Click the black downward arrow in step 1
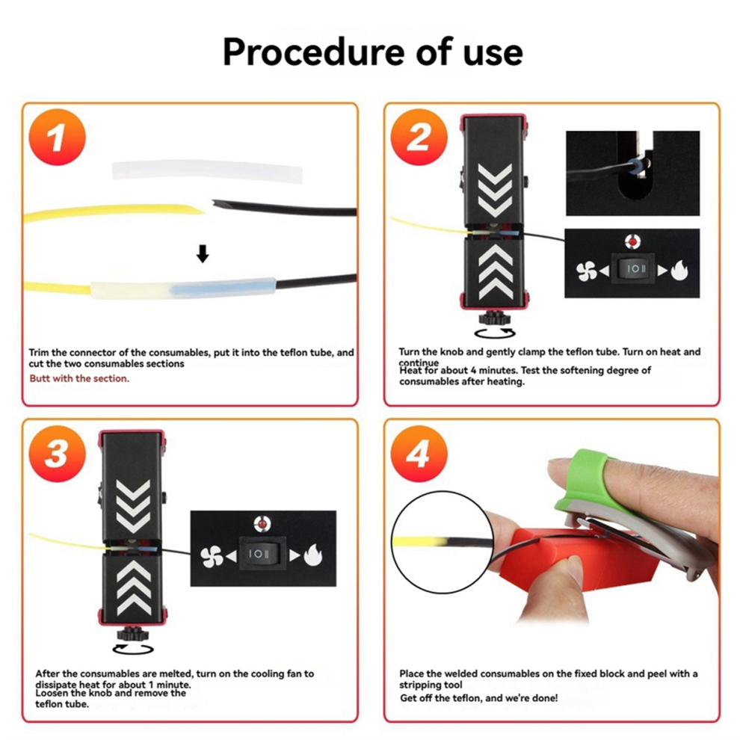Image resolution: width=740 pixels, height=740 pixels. (202, 255)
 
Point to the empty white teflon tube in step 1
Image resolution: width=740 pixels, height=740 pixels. (209, 171)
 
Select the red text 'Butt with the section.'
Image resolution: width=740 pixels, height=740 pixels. (79, 378)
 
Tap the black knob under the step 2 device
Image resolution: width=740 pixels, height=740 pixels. (493, 318)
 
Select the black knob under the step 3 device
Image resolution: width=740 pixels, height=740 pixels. (133, 636)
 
